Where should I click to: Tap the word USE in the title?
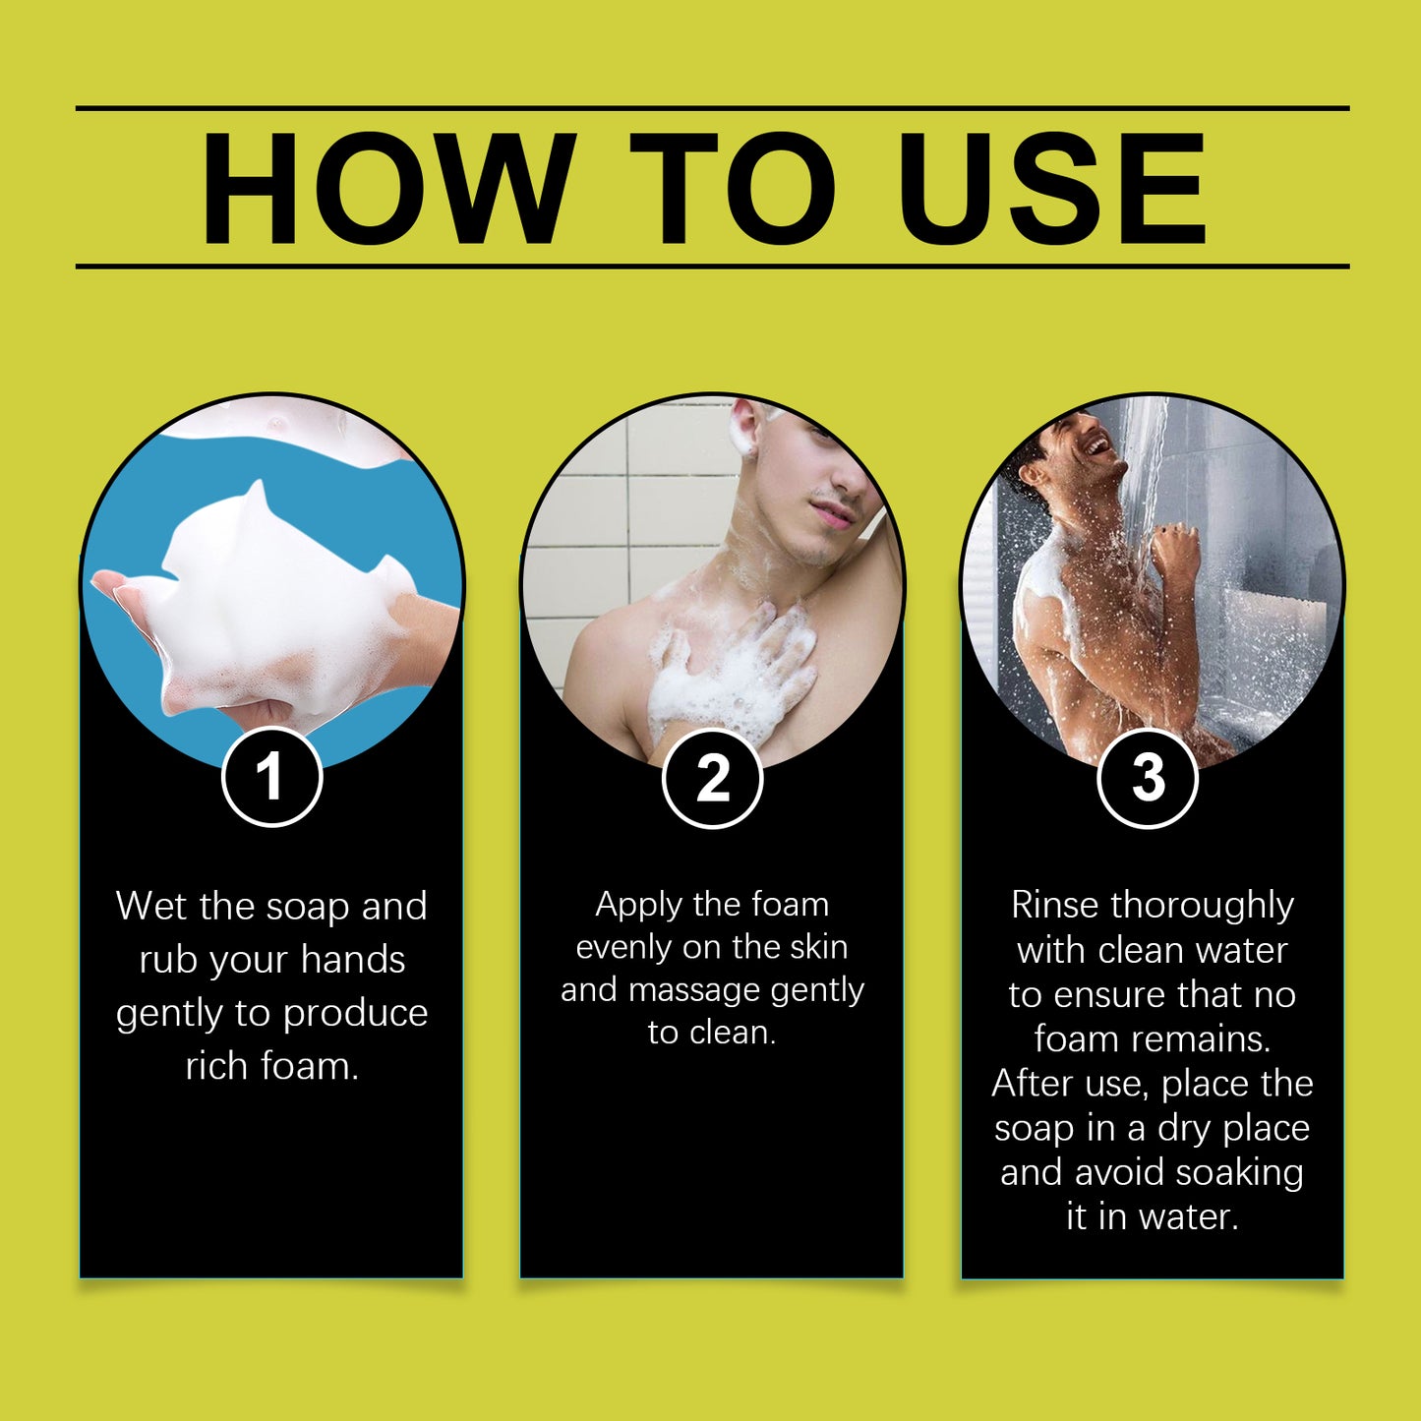(1052, 188)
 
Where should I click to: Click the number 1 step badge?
(272, 777)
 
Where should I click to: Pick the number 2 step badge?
(712, 777)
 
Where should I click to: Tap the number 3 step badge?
(1148, 777)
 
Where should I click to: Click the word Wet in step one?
(151, 906)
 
